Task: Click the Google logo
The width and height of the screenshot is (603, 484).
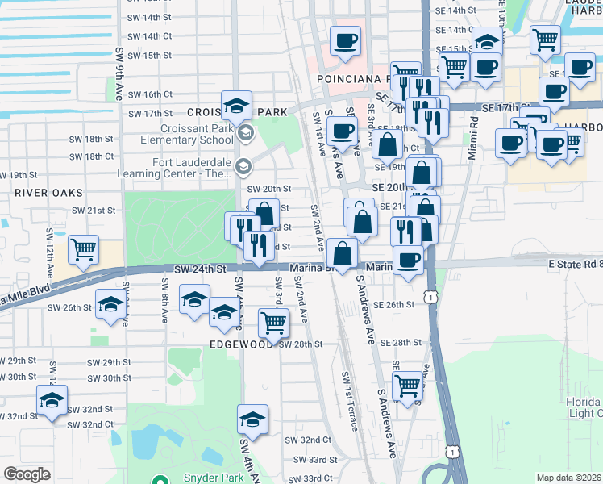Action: click(x=27, y=474)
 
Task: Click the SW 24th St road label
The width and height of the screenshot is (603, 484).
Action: click(x=197, y=269)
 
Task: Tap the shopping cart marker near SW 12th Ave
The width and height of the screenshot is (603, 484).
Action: click(x=84, y=251)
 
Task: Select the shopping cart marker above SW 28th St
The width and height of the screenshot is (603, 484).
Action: click(x=273, y=323)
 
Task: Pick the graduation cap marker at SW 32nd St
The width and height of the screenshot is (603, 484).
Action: click(x=52, y=400)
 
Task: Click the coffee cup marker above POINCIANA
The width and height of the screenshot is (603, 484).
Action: click(x=346, y=40)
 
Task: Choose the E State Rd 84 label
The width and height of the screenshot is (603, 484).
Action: click(x=574, y=264)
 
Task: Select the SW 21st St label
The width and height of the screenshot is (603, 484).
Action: click(x=95, y=210)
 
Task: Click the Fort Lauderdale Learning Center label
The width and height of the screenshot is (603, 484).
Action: click(x=192, y=167)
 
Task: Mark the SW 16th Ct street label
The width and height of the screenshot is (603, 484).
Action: click(x=151, y=94)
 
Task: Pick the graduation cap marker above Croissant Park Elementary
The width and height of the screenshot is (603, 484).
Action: click(x=237, y=106)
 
